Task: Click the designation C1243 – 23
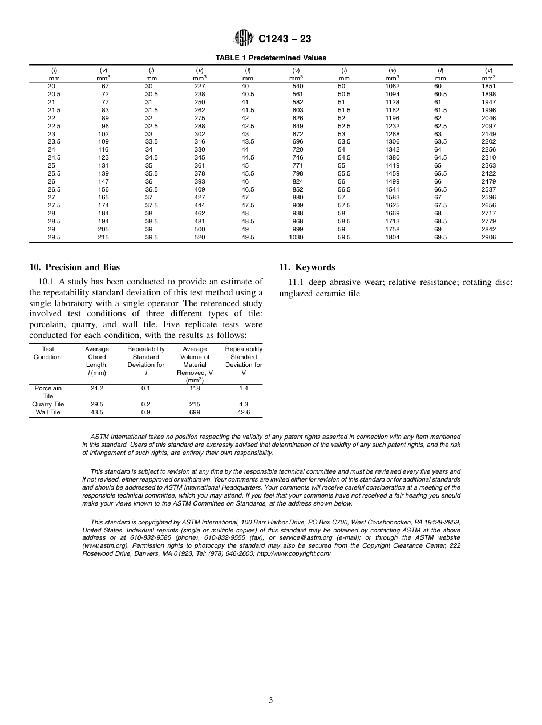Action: click(x=285, y=39)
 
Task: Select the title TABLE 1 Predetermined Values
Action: click(x=270, y=58)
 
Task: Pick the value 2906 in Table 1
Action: click(x=488, y=237)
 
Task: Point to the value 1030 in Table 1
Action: click(x=296, y=237)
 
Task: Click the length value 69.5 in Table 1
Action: click(x=440, y=237)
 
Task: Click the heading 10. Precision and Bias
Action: click(x=74, y=267)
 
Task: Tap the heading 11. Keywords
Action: click(x=307, y=267)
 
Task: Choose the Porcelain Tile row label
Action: click(x=48, y=392)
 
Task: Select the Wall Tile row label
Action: click(x=48, y=412)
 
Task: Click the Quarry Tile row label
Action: click(x=48, y=404)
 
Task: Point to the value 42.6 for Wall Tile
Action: click(x=244, y=412)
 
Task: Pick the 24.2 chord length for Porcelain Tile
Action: click(x=97, y=388)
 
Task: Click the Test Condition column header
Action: click(x=48, y=353)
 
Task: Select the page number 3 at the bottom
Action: click(x=271, y=700)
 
